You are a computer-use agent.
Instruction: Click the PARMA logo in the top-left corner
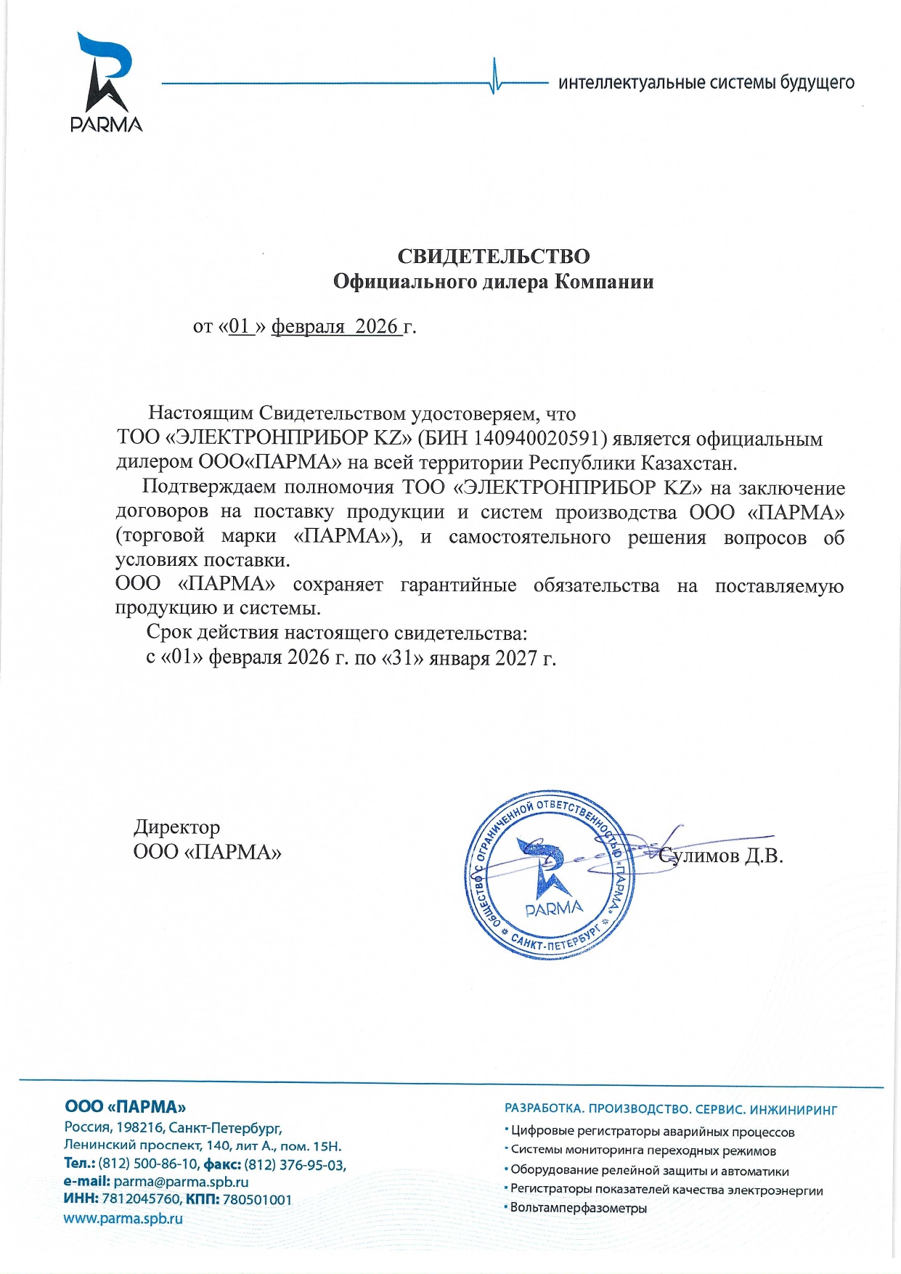(x=106, y=83)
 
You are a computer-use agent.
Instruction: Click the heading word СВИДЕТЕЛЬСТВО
(x=493, y=256)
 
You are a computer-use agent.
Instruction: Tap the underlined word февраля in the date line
(x=308, y=326)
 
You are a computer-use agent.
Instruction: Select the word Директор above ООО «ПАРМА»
(x=176, y=827)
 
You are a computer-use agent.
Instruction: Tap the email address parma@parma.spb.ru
(x=181, y=1182)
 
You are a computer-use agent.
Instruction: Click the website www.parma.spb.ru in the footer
(x=123, y=1219)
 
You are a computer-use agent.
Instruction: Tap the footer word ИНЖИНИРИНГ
(x=793, y=1110)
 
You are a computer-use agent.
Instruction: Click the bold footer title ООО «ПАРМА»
(x=125, y=1107)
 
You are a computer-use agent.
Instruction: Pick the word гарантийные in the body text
(x=458, y=585)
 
